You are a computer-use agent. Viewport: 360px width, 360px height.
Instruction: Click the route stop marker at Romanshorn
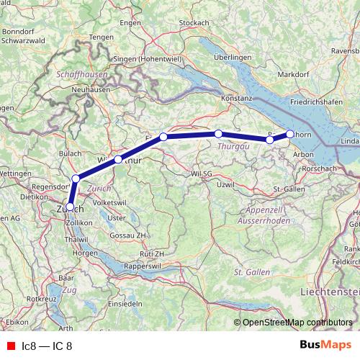290,133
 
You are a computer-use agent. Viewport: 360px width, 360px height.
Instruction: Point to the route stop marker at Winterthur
117,159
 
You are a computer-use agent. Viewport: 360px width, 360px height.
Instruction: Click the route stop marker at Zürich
70,206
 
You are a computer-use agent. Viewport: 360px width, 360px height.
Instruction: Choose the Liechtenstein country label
331,291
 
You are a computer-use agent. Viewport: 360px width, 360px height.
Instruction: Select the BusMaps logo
327,345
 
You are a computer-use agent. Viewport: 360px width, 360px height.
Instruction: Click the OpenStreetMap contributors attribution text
297,323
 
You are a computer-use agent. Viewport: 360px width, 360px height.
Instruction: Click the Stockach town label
193,23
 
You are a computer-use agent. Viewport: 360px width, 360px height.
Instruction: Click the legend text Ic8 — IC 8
48,345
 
